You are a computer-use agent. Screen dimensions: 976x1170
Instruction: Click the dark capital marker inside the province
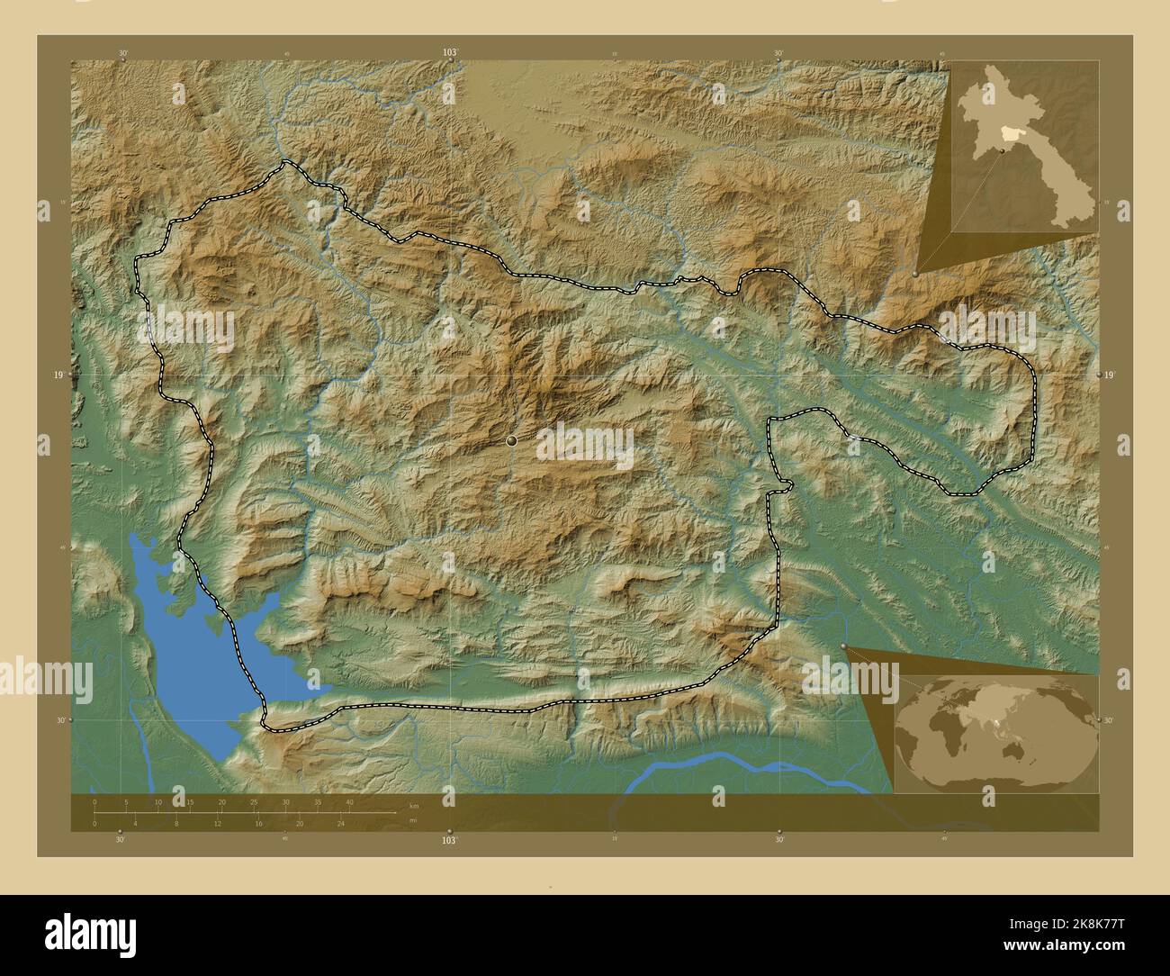click(x=511, y=440)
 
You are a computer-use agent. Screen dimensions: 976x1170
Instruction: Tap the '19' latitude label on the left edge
click(x=57, y=374)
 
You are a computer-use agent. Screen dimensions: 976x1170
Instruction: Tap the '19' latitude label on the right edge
click(x=1109, y=374)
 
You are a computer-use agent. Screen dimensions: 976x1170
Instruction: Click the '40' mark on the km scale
click(x=349, y=801)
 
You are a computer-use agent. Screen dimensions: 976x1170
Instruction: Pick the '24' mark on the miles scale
click(x=340, y=823)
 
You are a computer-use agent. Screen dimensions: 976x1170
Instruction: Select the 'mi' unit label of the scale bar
click(x=412, y=819)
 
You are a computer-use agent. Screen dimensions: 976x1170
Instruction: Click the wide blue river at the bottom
click(x=738, y=771)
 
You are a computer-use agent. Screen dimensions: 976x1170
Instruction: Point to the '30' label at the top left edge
click(x=121, y=53)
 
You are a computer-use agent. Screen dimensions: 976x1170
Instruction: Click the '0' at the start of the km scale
click(x=94, y=801)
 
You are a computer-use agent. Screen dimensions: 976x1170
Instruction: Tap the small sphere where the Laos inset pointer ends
click(x=915, y=273)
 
